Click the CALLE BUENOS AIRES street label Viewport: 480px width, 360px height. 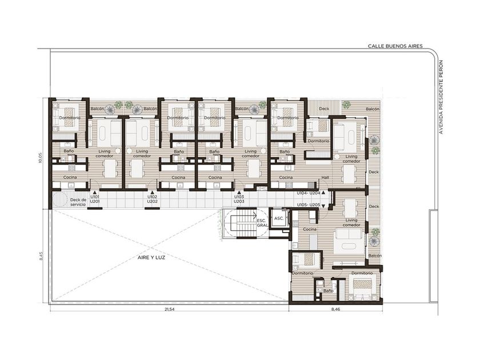click(395, 46)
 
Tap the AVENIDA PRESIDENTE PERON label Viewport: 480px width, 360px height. click(441, 97)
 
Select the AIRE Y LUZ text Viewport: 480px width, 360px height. click(151, 258)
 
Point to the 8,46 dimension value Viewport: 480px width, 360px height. click(335, 309)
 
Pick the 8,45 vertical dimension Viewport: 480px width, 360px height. click(42, 256)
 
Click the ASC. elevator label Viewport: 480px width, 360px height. click(279, 218)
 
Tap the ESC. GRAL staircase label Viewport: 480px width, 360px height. click(262, 222)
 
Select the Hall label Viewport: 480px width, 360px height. click(325, 178)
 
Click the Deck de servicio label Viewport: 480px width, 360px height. click(78, 202)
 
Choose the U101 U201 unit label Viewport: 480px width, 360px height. click(95, 199)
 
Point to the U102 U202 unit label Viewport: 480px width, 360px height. click(152, 199)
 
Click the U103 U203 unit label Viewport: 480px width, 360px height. click(239, 199)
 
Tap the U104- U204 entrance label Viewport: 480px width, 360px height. click(309, 193)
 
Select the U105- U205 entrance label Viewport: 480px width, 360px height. click(309, 205)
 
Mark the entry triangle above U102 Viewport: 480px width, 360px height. click(152, 193)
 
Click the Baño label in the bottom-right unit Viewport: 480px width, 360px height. click(328, 291)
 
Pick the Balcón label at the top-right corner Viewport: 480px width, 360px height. click(373, 109)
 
